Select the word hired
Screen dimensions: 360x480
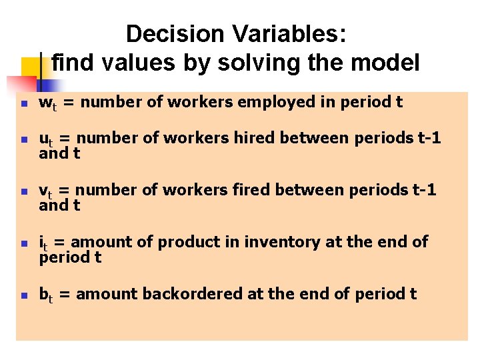(x=255, y=138)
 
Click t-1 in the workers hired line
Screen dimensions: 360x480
(x=427, y=138)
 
